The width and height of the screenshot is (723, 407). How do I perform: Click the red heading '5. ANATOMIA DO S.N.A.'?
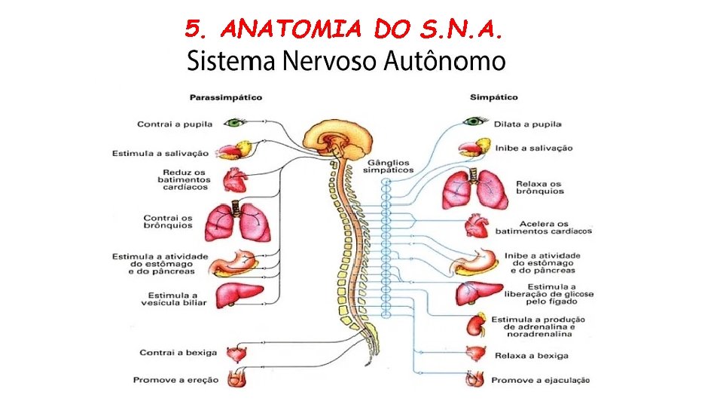click(x=343, y=29)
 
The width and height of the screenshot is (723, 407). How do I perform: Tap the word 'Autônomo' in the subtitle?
click(x=444, y=61)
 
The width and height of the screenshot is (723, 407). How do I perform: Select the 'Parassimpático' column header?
click(x=225, y=97)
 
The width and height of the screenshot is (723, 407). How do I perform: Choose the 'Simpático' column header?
click(x=493, y=97)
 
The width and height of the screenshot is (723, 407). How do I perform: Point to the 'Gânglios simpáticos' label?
click(x=388, y=166)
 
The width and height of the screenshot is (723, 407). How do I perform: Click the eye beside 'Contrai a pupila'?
click(x=238, y=121)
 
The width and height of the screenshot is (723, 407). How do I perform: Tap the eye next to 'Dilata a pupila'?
click(x=475, y=121)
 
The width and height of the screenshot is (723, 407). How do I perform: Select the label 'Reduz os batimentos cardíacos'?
click(x=185, y=179)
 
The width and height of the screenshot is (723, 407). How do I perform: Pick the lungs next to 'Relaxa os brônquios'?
click(x=474, y=188)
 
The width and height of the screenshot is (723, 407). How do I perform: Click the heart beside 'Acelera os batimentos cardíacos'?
click(x=477, y=226)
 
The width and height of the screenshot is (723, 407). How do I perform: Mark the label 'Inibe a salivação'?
click(x=533, y=148)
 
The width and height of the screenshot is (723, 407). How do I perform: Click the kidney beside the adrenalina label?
click(x=475, y=325)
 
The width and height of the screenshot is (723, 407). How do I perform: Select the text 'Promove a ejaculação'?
click(x=540, y=380)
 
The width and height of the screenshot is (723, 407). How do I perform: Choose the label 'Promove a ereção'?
click(x=175, y=380)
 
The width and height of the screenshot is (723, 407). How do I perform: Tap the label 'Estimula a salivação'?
click(x=160, y=153)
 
